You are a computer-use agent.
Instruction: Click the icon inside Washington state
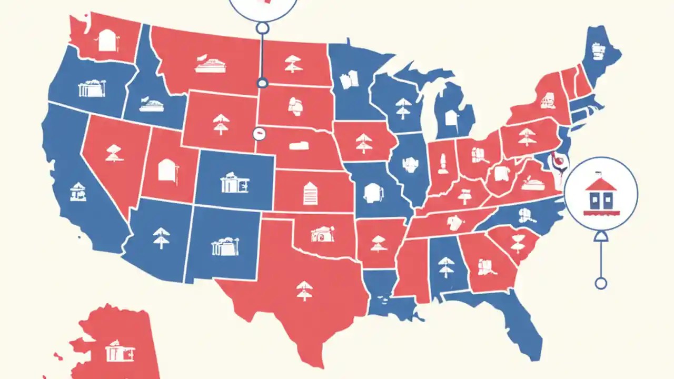click(x=107, y=41)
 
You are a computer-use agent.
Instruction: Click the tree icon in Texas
click(x=304, y=290)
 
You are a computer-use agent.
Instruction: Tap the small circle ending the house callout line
click(x=600, y=284)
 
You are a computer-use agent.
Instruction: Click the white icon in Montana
click(x=211, y=64)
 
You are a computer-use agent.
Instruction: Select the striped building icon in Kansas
click(x=310, y=193)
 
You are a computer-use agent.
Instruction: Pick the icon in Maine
click(x=598, y=51)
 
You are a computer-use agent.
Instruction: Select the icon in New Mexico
click(x=225, y=246)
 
